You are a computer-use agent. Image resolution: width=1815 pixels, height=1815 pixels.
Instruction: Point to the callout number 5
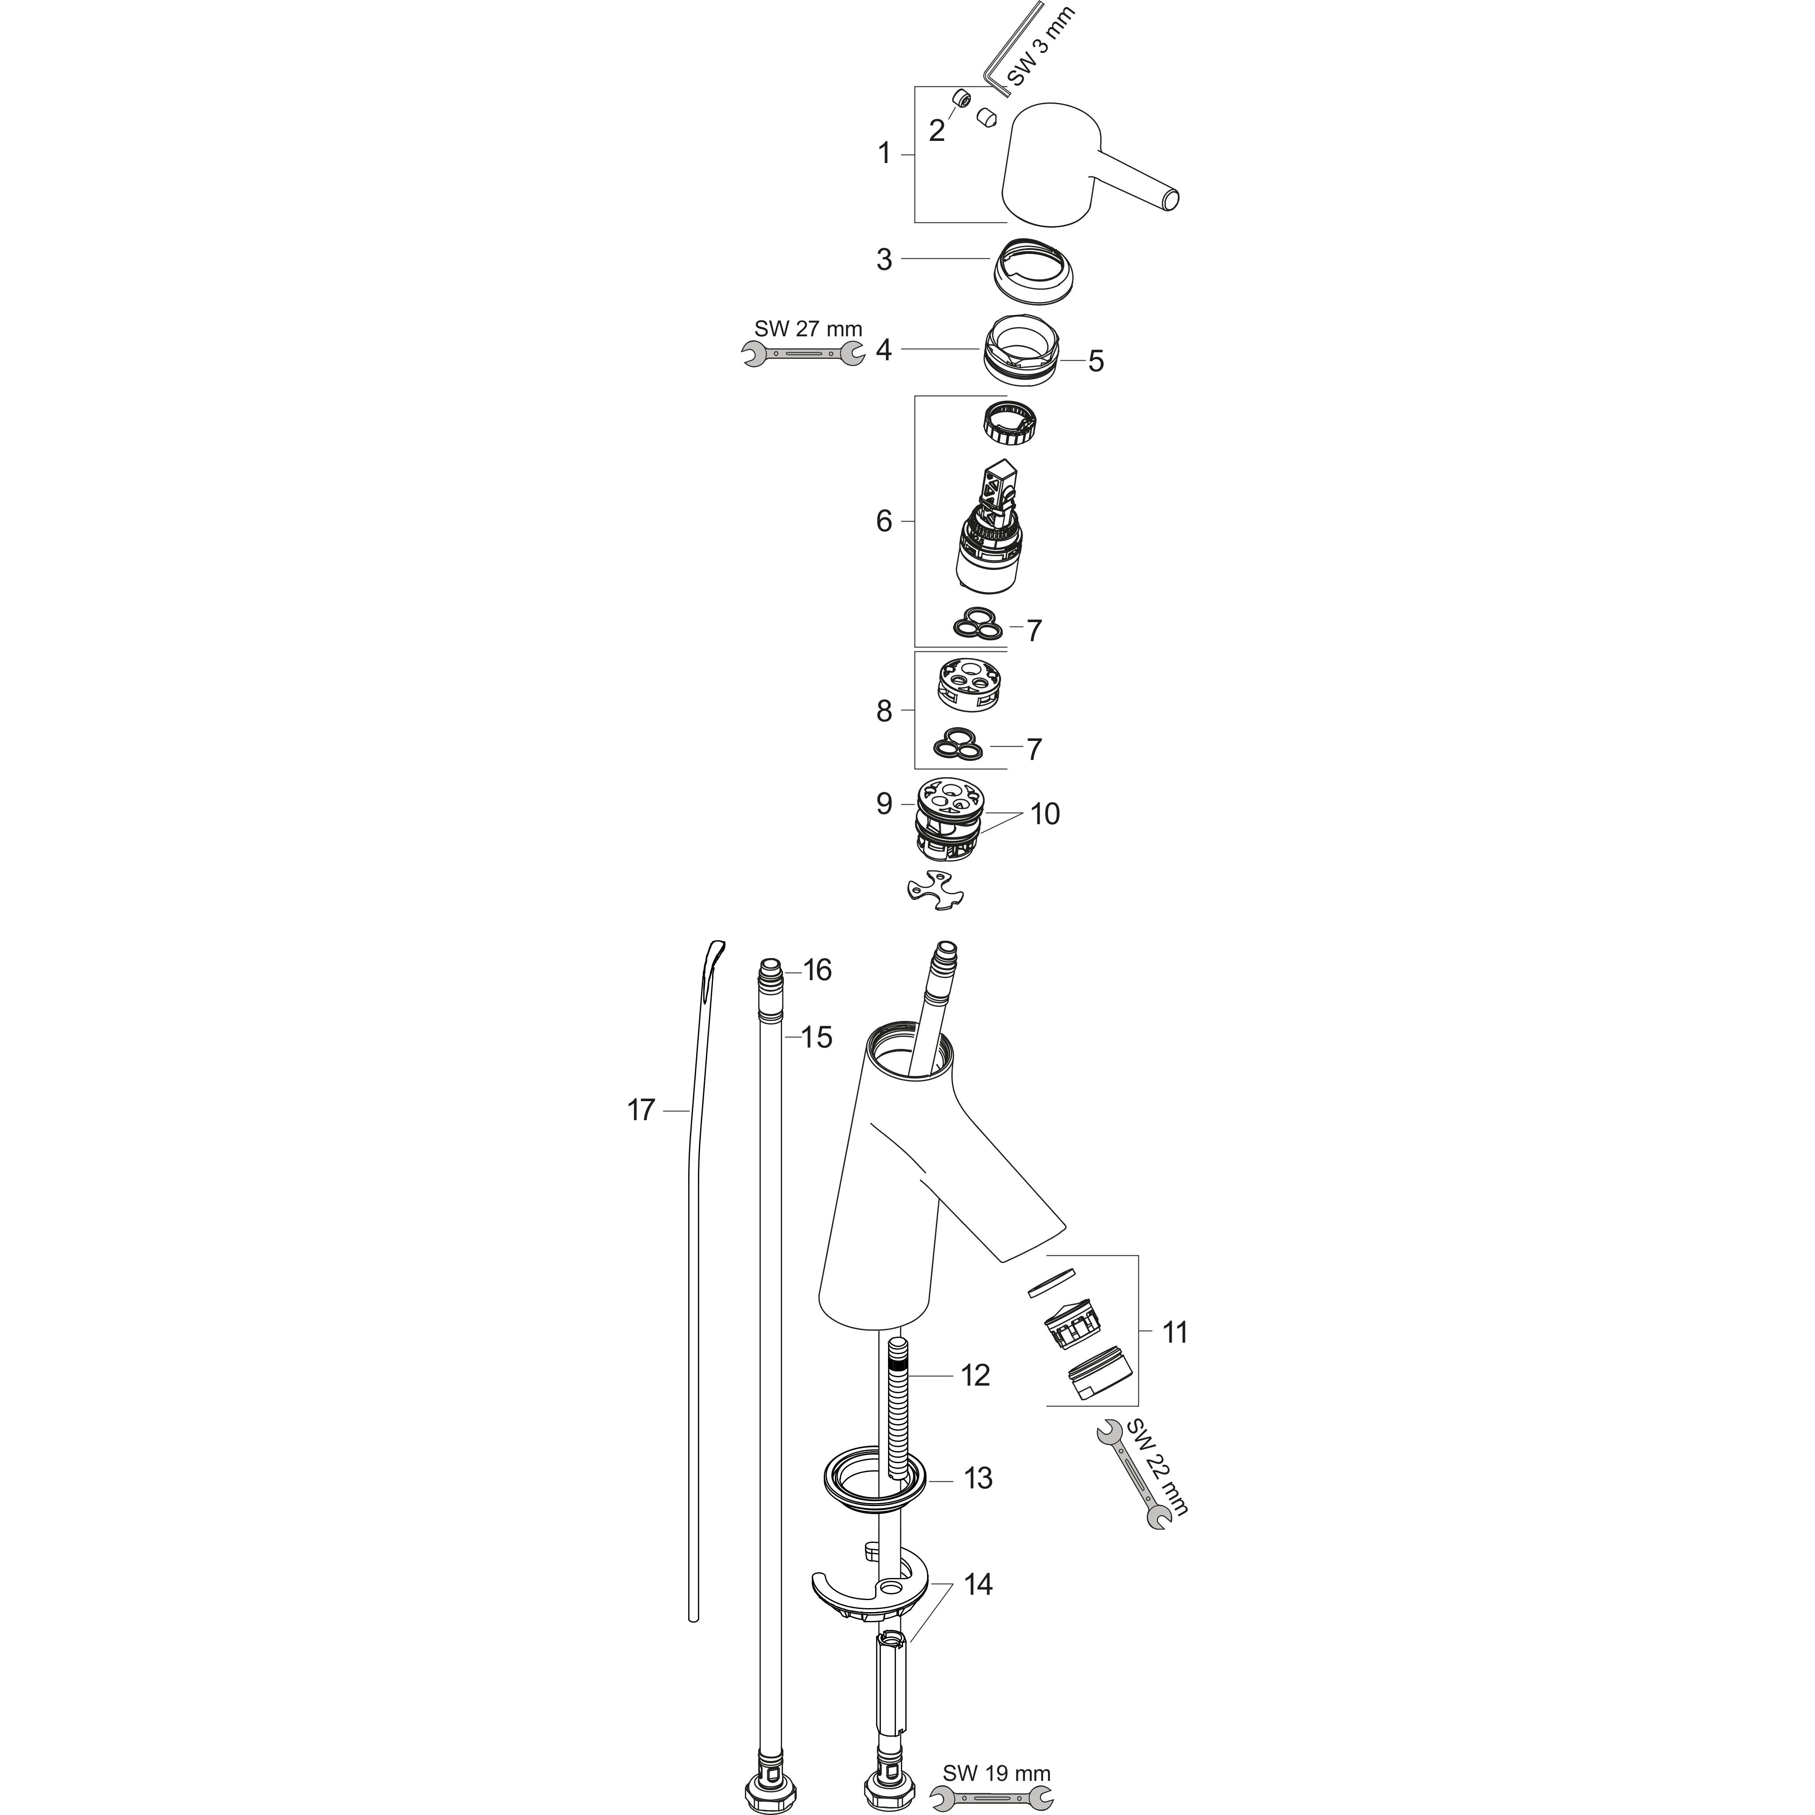[x=1095, y=362]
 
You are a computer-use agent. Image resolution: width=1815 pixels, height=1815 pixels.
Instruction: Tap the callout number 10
[x=1045, y=814]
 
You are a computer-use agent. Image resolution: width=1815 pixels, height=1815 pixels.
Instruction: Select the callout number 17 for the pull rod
[x=641, y=1110]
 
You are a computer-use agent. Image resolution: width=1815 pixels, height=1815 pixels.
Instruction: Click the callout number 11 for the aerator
[x=1174, y=1332]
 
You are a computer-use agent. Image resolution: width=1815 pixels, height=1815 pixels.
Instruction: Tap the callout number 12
[x=975, y=1375]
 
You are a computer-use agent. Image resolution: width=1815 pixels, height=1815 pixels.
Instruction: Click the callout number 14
[x=977, y=1584]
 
